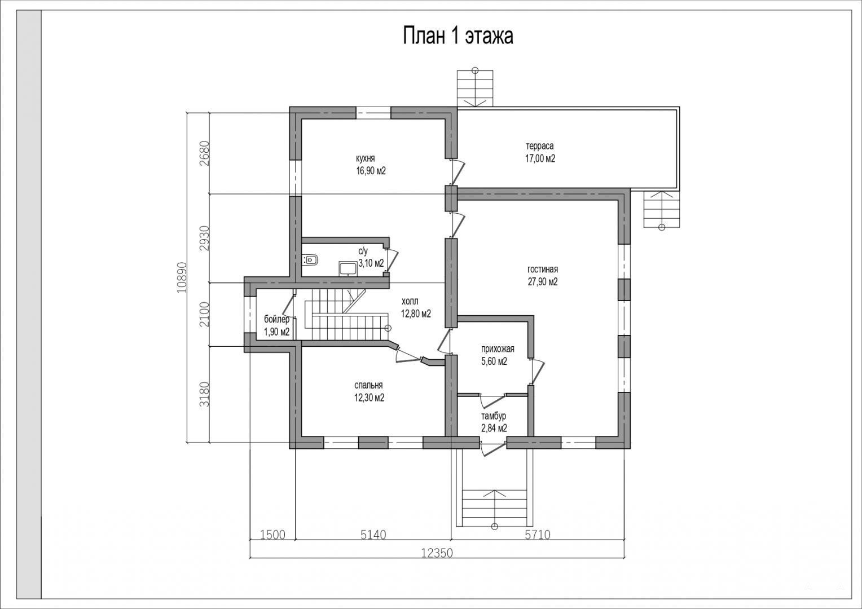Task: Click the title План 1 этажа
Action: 458,36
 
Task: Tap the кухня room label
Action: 365,158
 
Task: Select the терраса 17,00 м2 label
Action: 540,152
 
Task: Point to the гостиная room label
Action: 543,270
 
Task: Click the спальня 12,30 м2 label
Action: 369,391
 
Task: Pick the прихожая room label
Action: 498,349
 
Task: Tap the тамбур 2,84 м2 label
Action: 494,422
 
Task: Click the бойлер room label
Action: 276,319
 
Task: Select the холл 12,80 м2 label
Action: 416,307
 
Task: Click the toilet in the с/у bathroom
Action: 310,260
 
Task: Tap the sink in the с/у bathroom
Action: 348,268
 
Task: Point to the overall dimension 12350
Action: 437,553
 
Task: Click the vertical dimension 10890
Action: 182,277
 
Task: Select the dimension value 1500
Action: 273,535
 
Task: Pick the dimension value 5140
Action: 373,535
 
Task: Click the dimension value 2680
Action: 205,153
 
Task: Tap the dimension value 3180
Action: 205,394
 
